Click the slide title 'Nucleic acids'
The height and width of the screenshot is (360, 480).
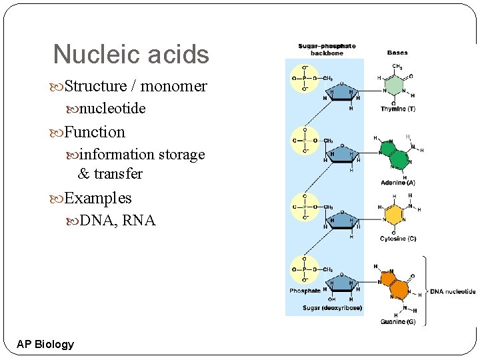131,55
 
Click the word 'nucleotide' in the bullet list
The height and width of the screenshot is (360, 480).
112,108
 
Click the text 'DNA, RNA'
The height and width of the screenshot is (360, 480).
117,221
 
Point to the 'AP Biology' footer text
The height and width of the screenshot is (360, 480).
45,344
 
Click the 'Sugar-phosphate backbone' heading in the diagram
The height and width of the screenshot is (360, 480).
327,49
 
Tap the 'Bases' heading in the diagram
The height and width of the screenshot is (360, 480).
398,53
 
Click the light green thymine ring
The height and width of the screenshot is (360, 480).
396,86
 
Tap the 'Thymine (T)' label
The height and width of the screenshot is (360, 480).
398,109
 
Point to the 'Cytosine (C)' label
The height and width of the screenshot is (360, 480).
398,239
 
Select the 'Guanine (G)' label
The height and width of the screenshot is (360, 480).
398,322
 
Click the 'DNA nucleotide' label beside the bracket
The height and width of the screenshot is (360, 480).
453,291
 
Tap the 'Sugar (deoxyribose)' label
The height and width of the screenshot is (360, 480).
333,308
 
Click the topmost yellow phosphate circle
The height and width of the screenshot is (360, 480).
305,78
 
